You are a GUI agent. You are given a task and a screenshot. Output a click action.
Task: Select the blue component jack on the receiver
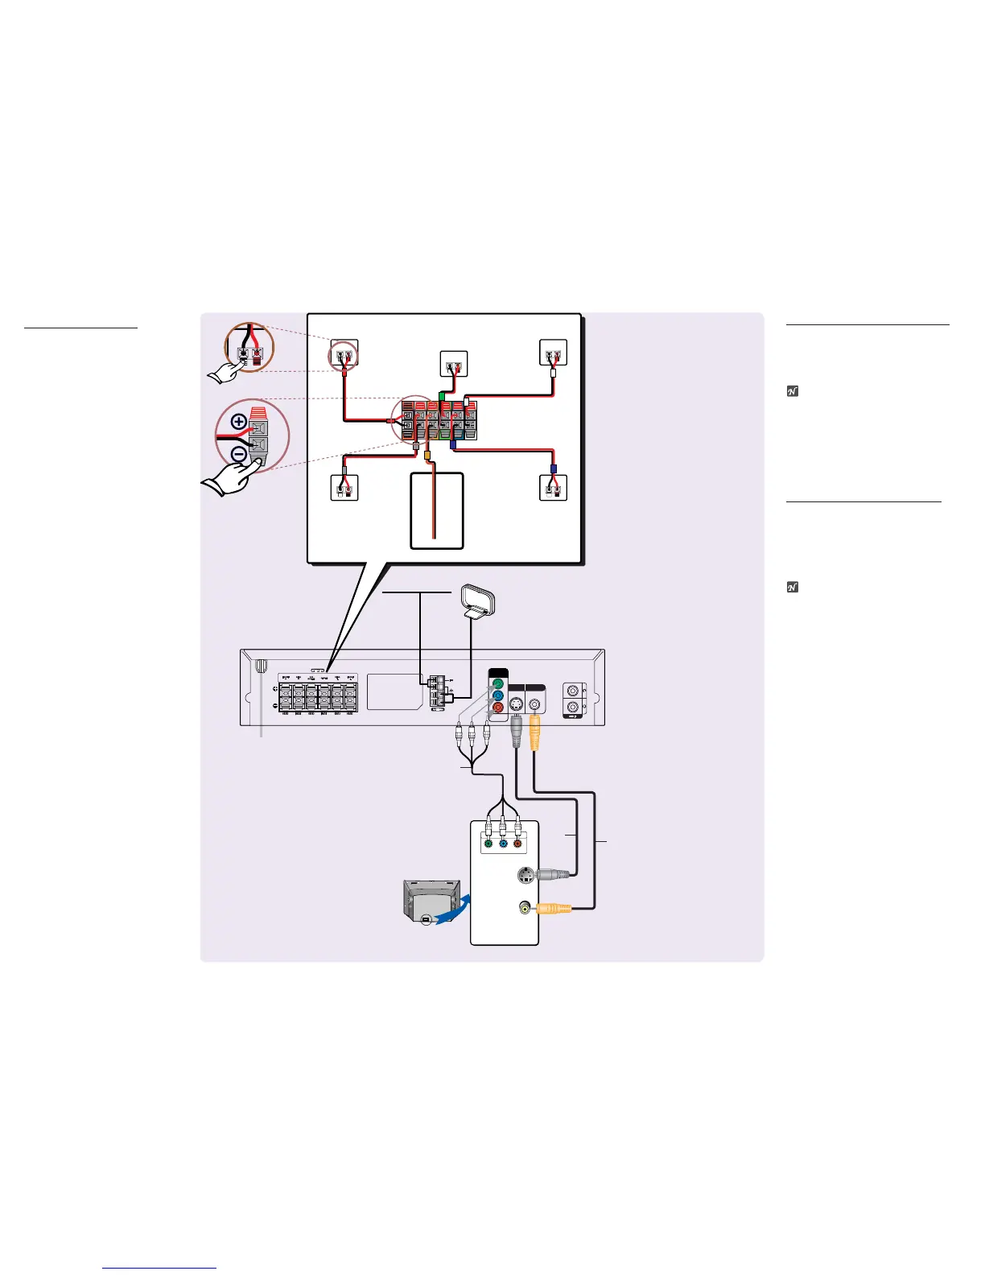497,696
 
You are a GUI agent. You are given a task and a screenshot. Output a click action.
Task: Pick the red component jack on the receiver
497,708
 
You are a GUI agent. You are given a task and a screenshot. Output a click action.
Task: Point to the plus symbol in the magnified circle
239,420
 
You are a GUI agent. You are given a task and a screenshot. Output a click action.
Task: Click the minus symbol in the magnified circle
239,454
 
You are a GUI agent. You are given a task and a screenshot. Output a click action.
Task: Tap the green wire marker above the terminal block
441,396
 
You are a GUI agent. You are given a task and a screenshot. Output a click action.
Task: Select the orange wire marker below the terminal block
428,455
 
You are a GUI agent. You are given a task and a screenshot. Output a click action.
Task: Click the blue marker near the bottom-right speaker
553,468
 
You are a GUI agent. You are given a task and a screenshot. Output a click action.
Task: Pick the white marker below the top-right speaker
554,373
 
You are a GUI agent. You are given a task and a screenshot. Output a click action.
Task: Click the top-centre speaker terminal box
454,363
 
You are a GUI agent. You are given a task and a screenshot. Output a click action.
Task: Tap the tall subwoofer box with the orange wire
437,510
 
